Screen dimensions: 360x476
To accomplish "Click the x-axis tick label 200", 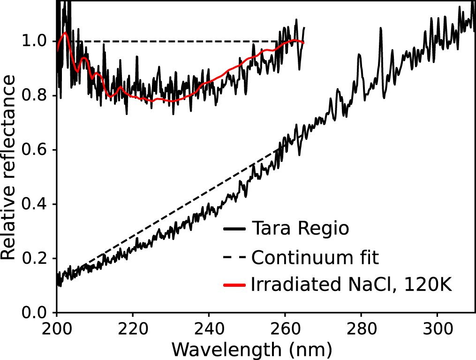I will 57,328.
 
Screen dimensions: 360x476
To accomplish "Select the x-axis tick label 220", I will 133,328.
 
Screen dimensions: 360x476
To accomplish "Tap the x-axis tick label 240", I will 209,328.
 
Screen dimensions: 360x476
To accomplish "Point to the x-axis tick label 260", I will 285,328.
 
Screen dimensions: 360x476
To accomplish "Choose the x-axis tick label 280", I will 361,328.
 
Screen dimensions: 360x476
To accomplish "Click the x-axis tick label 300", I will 437,328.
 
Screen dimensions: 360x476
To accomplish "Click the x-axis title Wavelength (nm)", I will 252,349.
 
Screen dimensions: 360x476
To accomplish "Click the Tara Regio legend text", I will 300,229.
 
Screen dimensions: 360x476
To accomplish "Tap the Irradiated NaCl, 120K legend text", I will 352,285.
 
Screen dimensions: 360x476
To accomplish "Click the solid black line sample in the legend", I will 235,230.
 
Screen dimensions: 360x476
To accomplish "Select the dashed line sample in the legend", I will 235,257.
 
